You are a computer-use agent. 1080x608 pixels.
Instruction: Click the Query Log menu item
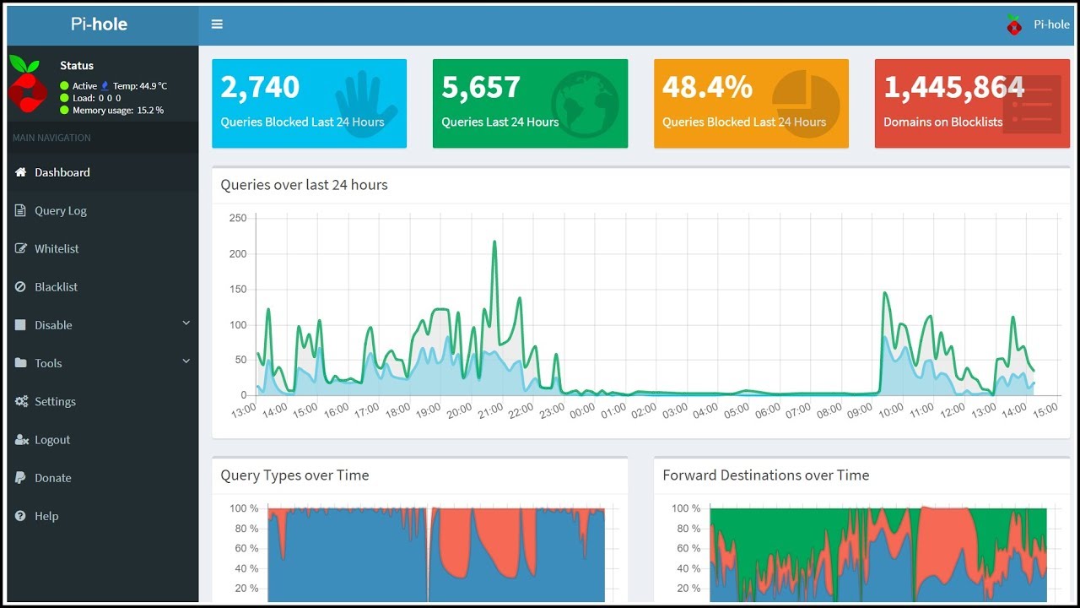point(60,210)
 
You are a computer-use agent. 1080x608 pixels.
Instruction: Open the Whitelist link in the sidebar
point(57,248)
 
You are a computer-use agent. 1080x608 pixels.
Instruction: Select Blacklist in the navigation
point(56,286)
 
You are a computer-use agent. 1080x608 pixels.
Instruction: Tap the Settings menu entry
point(55,401)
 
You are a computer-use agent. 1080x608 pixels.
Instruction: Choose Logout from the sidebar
point(52,439)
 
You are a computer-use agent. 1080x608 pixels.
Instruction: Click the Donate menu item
point(52,477)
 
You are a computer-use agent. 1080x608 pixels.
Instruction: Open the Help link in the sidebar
point(46,515)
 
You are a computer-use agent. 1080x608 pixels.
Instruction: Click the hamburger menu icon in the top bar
point(217,24)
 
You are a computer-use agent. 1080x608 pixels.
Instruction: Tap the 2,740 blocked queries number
point(260,87)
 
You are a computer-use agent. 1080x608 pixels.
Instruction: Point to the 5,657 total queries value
point(481,87)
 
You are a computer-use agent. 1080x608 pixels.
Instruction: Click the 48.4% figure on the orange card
point(707,87)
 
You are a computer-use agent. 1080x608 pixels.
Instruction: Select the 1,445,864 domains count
point(953,87)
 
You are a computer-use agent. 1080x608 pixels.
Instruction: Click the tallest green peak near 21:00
point(494,242)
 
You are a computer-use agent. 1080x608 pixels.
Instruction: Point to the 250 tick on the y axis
point(238,218)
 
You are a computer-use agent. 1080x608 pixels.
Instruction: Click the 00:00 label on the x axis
point(582,411)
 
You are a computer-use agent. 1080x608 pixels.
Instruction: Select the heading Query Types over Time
point(294,475)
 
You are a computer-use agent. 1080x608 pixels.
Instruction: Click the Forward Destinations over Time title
point(765,475)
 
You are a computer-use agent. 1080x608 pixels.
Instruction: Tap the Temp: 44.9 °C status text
point(139,86)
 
